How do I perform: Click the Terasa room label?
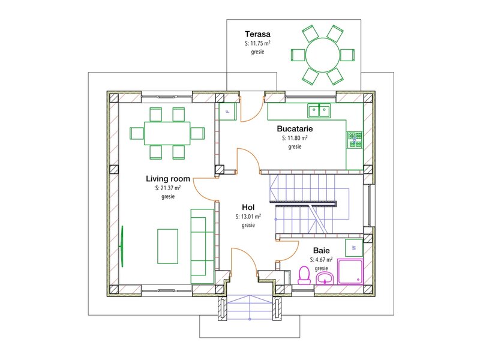click(257, 34)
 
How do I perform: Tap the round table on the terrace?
click(323, 55)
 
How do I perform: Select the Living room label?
click(168, 178)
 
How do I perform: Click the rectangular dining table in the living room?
click(167, 133)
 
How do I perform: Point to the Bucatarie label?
click(295, 128)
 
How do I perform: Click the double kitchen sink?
click(319, 110)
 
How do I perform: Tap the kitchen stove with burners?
click(355, 139)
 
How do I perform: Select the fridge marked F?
click(228, 112)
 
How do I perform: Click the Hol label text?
click(248, 207)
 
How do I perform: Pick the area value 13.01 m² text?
click(248, 217)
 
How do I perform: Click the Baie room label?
click(322, 251)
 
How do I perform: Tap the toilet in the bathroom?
click(304, 275)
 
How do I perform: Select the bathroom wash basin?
click(325, 278)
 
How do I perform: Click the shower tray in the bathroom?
click(350, 272)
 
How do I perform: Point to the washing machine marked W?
click(354, 248)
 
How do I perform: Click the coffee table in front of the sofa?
click(168, 247)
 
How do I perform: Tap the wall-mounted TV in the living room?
click(122, 246)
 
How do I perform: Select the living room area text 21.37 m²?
click(168, 188)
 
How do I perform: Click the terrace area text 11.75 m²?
click(257, 43)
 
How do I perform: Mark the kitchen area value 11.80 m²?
click(295, 138)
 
